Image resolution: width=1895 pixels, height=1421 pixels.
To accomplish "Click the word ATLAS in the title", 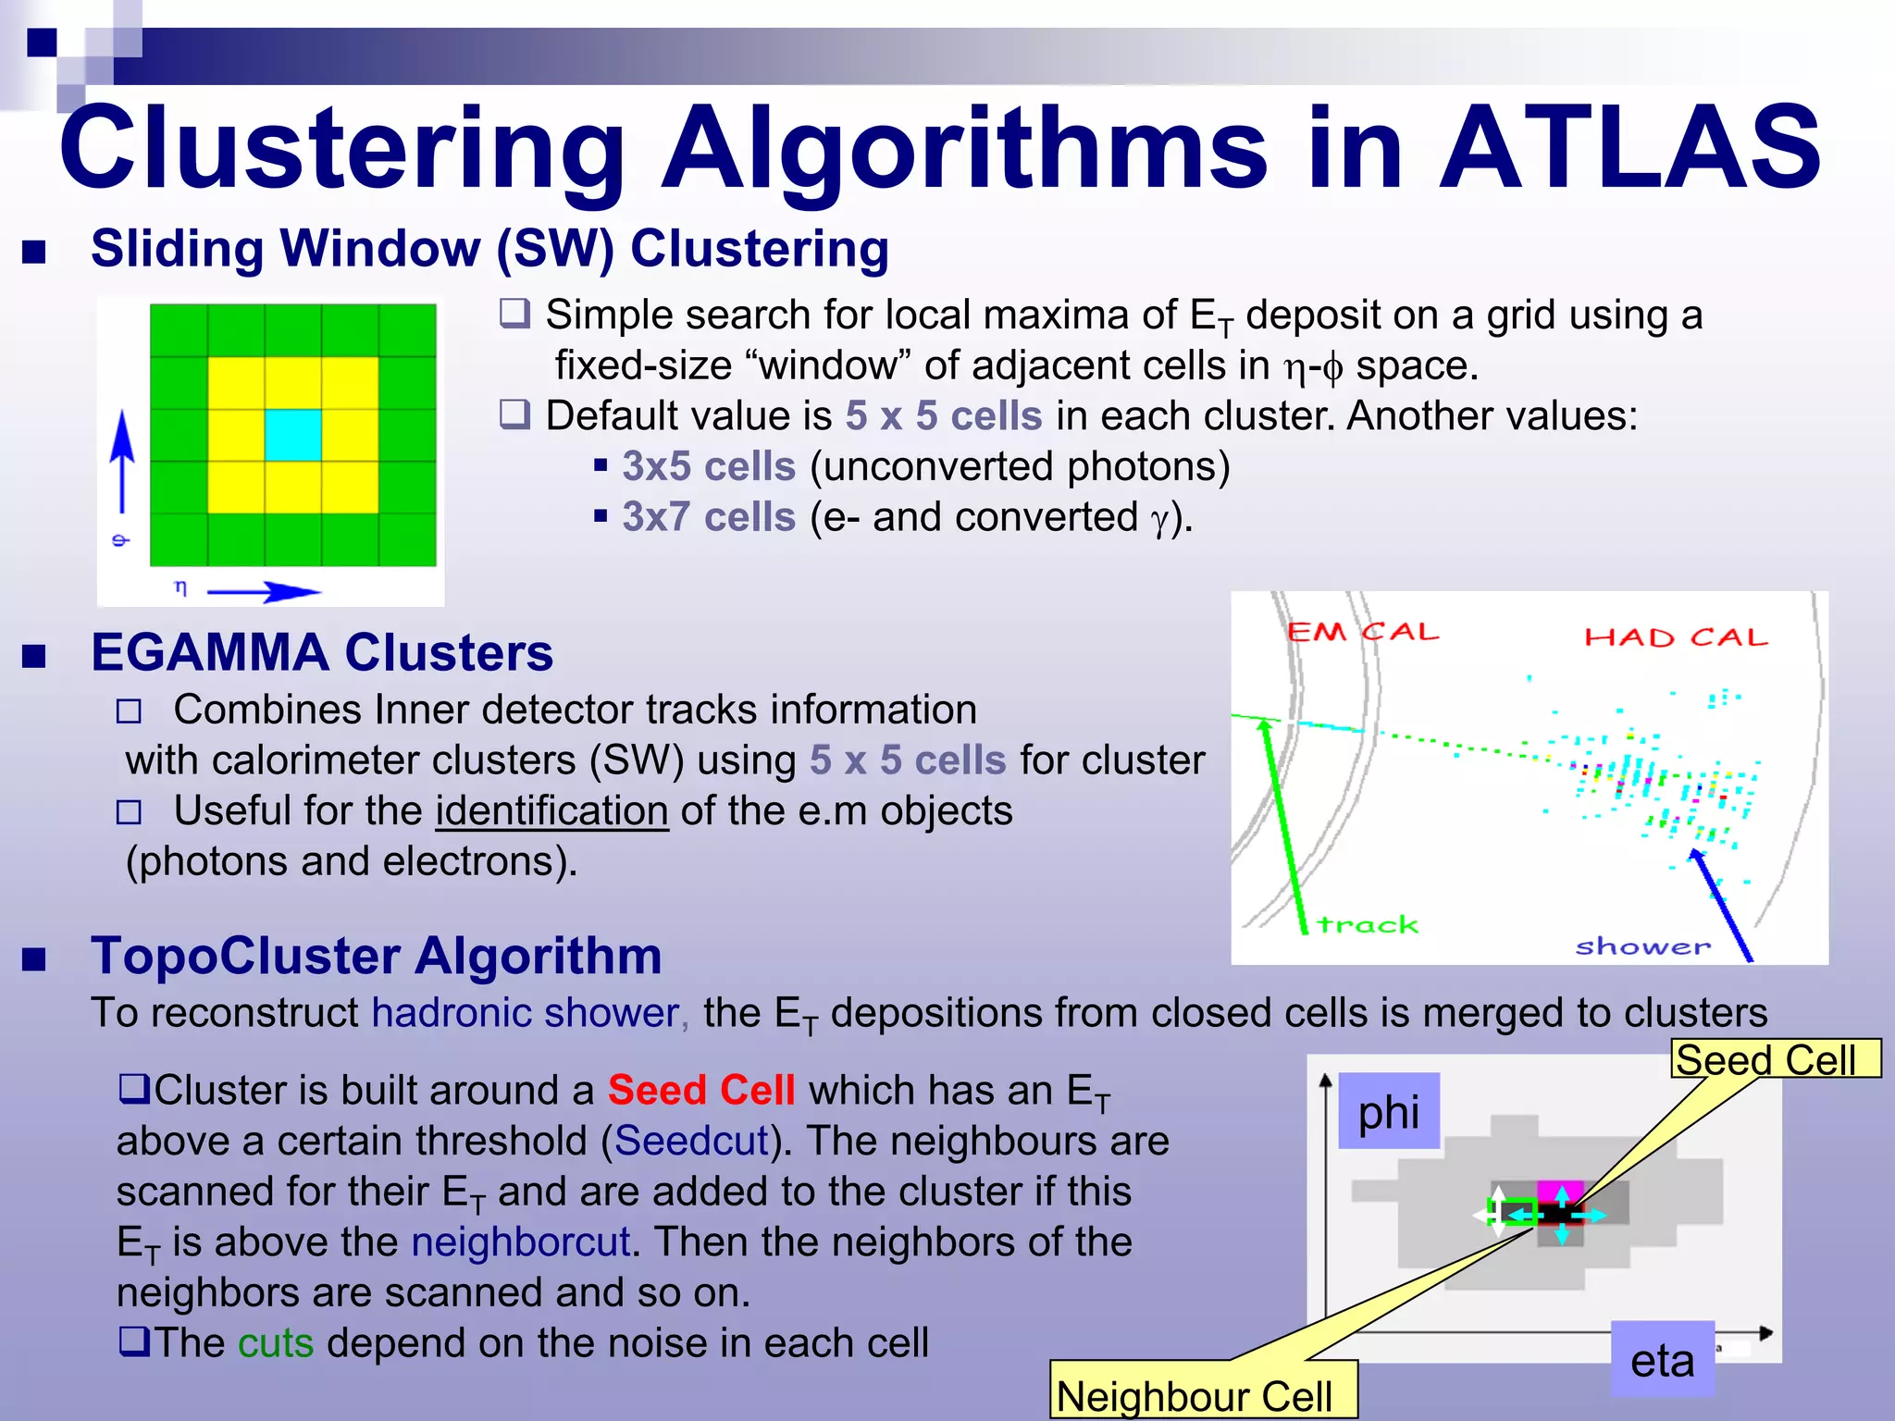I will tap(1630, 148).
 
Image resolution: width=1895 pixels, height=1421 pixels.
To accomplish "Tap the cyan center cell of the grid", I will tap(293, 435).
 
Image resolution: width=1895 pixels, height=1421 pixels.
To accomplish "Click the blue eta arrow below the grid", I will tap(264, 591).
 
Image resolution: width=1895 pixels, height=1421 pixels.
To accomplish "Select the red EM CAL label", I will tap(1363, 632).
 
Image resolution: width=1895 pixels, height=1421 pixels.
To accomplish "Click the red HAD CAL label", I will tap(1676, 637).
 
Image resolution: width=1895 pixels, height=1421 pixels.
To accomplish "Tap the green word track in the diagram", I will tap(1367, 924).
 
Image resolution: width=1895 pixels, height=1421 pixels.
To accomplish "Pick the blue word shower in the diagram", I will tap(1643, 946).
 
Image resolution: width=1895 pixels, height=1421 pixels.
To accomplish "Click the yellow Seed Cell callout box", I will tap(1775, 1059).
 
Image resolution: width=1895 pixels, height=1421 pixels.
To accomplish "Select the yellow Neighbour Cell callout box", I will tap(1203, 1392).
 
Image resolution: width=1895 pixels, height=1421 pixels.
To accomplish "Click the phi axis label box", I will tap(1389, 1111).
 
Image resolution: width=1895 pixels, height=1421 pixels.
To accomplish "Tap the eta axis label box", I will tap(1662, 1360).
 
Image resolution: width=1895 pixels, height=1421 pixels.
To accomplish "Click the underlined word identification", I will tap(552, 811).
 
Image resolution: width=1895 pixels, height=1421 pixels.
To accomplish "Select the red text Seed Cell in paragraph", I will tap(701, 1090).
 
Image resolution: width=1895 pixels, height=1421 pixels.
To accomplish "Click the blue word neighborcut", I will tap(521, 1242).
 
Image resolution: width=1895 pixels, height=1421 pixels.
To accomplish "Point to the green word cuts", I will tap(276, 1342).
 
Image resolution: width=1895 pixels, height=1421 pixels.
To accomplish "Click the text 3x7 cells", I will tap(709, 516).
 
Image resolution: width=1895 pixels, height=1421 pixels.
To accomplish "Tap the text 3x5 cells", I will tap(709, 466).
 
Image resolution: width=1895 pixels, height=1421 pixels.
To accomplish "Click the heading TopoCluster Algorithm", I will tap(377, 956).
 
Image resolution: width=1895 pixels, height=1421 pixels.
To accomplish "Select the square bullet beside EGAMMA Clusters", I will tap(34, 656).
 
